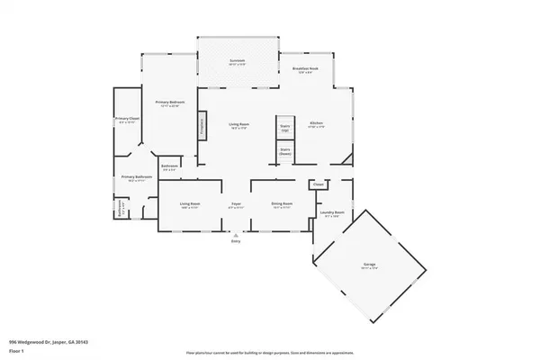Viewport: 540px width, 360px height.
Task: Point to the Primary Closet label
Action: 126,121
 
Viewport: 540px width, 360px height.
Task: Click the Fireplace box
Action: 202,128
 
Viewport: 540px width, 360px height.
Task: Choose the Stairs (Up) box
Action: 285,128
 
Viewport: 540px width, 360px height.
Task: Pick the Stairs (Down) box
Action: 285,151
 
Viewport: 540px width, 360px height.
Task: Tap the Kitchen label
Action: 316,124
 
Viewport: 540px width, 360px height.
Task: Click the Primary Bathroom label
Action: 137,179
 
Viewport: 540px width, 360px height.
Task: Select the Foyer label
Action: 236,205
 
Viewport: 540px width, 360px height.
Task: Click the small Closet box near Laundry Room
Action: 318,185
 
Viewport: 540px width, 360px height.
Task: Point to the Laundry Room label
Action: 333,214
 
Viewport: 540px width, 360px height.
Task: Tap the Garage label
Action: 369,265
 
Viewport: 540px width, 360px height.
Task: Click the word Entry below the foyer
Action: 236,241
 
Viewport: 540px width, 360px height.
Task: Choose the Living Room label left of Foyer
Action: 189,205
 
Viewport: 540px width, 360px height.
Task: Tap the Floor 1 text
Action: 15,350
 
